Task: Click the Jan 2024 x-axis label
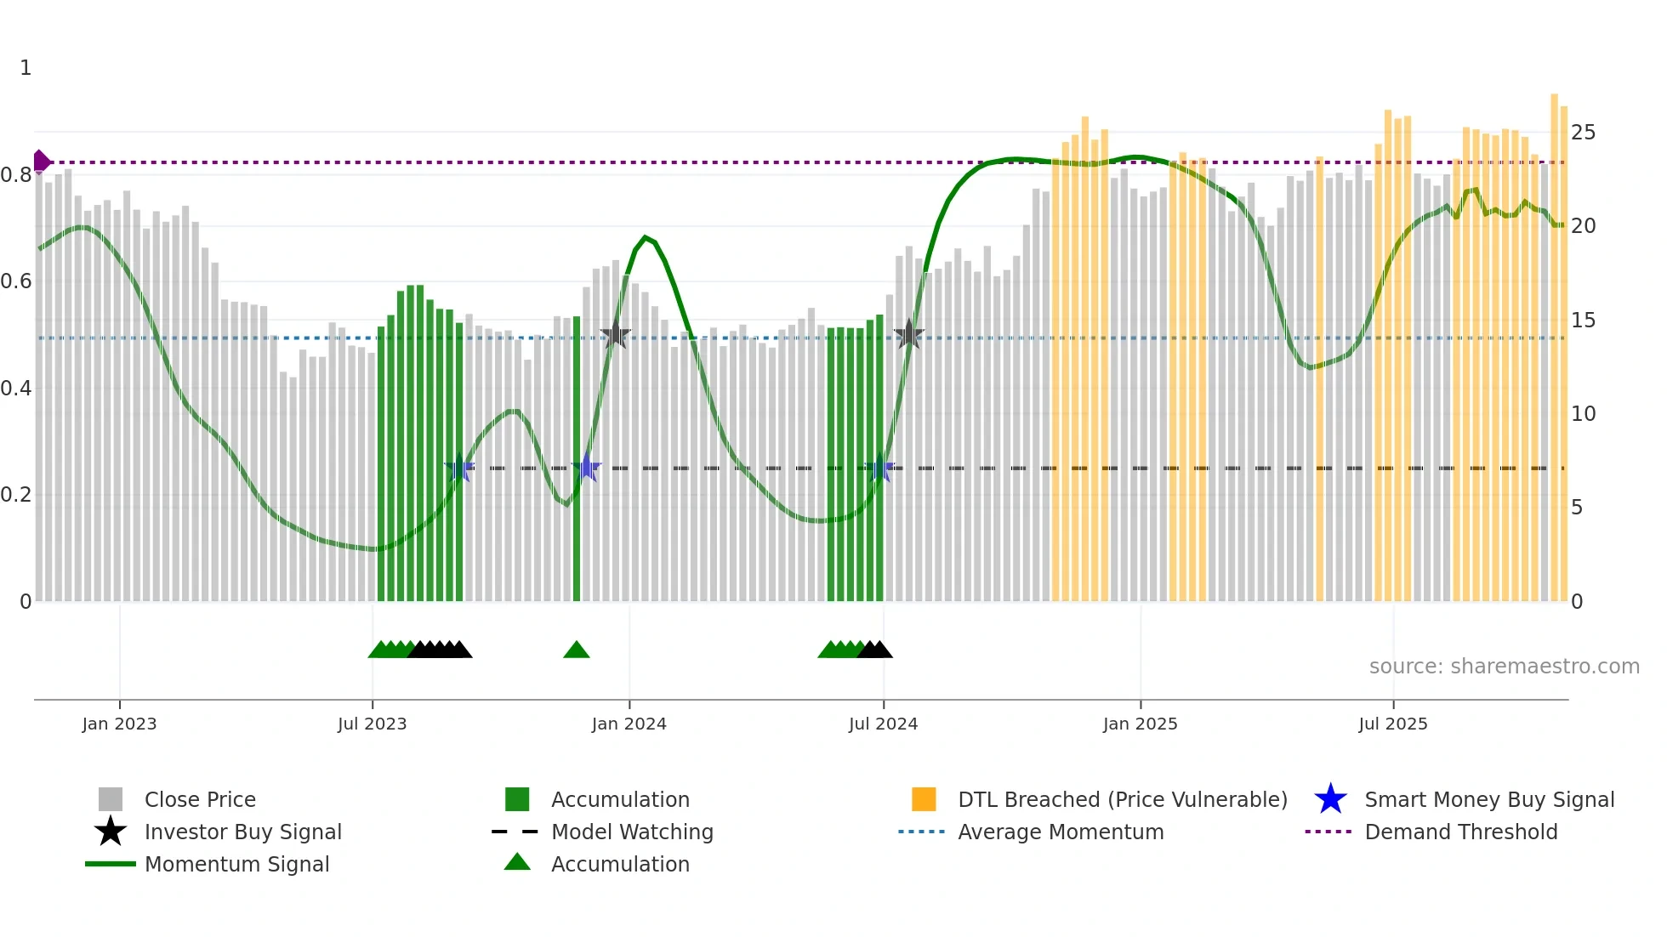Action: (x=629, y=724)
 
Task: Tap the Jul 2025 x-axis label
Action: (x=1392, y=724)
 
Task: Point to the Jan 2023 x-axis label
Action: (x=119, y=724)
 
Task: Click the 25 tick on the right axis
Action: (x=1583, y=133)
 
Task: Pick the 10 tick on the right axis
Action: (x=1583, y=414)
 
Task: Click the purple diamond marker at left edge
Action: (x=41, y=161)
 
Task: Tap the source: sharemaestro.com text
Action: (x=1504, y=667)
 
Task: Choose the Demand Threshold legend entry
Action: (x=1460, y=832)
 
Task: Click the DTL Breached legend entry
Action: (x=1122, y=799)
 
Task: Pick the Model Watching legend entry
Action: (x=631, y=832)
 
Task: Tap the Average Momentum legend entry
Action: (x=1060, y=832)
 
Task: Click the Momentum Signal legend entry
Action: (x=236, y=864)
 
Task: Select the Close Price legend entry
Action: (x=199, y=799)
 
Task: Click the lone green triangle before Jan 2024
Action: (x=576, y=650)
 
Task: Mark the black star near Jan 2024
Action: (x=615, y=336)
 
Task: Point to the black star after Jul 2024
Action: (x=908, y=335)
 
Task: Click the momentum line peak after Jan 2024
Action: (x=646, y=237)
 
